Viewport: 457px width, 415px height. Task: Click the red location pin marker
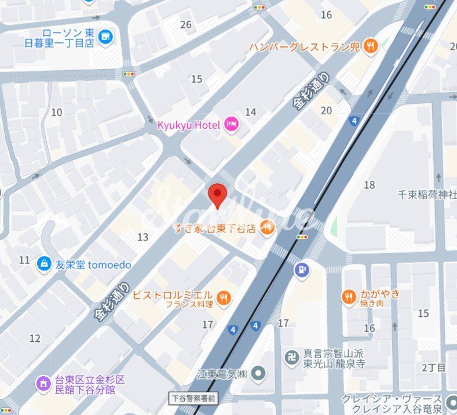(217, 196)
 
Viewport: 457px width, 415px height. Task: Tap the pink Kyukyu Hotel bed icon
(232, 124)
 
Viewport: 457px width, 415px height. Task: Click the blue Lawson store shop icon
(105, 38)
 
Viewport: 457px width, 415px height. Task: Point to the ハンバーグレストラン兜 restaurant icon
(371, 46)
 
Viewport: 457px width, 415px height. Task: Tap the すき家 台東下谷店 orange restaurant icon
(267, 228)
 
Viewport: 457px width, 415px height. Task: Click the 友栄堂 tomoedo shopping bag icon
(43, 264)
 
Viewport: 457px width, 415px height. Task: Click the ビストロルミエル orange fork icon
(224, 298)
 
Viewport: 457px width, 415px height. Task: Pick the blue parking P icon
(301, 269)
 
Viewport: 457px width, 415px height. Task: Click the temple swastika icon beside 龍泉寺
(291, 358)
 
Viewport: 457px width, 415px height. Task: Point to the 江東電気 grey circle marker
(259, 373)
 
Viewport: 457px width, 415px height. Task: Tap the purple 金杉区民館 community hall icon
(43, 383)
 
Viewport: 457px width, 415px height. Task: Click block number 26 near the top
(186, 24)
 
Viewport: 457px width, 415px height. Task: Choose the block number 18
(370, 185)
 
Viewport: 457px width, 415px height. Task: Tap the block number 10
(57, 112)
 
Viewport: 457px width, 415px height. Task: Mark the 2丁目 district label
(433, 367)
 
